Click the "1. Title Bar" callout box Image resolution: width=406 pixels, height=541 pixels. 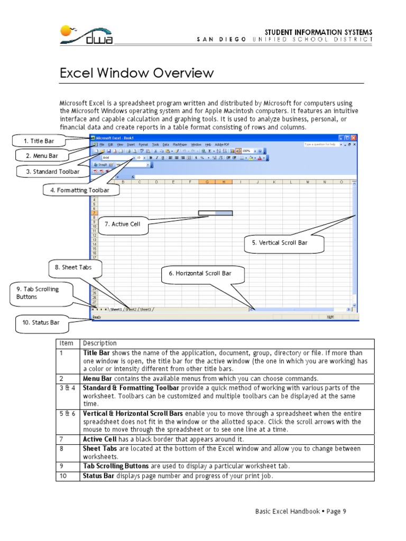(39, 141)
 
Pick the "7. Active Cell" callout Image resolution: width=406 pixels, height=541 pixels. (122, 224)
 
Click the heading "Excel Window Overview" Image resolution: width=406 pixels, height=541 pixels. (136, 73)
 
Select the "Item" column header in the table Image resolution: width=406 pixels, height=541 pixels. (66, 343)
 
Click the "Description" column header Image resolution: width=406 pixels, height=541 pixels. (100, 343)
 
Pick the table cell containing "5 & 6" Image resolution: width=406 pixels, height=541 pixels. (67, 414)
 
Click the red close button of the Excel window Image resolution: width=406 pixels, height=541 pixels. (354, 137)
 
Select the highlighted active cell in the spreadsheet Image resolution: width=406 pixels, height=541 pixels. (215, 213)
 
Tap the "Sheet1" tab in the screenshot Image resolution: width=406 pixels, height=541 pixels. (116, 309)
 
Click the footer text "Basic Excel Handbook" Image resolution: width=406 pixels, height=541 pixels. (287, 511)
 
